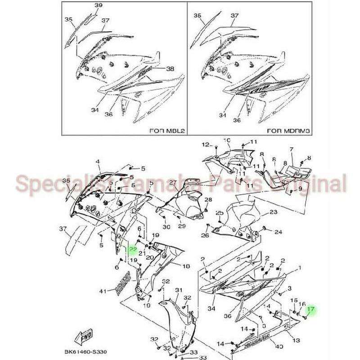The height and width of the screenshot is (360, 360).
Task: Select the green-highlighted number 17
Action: click(310, 310)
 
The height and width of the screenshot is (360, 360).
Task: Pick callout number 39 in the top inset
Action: click(99, 5)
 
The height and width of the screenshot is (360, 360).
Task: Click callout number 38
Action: click(170, 69)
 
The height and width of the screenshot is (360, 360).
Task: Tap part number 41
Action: click(103, 292)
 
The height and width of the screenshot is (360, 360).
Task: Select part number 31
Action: click(178, 290)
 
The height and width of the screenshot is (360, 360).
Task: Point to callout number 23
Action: click(274, 211)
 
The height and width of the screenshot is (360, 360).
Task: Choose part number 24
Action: click(278, 232)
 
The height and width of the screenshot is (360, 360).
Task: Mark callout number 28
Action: click(208, 199)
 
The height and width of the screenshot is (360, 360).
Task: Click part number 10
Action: click(227, 140)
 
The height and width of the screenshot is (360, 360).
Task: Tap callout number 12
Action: click(205, 145)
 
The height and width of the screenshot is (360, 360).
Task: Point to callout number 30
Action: click(166, 227)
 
